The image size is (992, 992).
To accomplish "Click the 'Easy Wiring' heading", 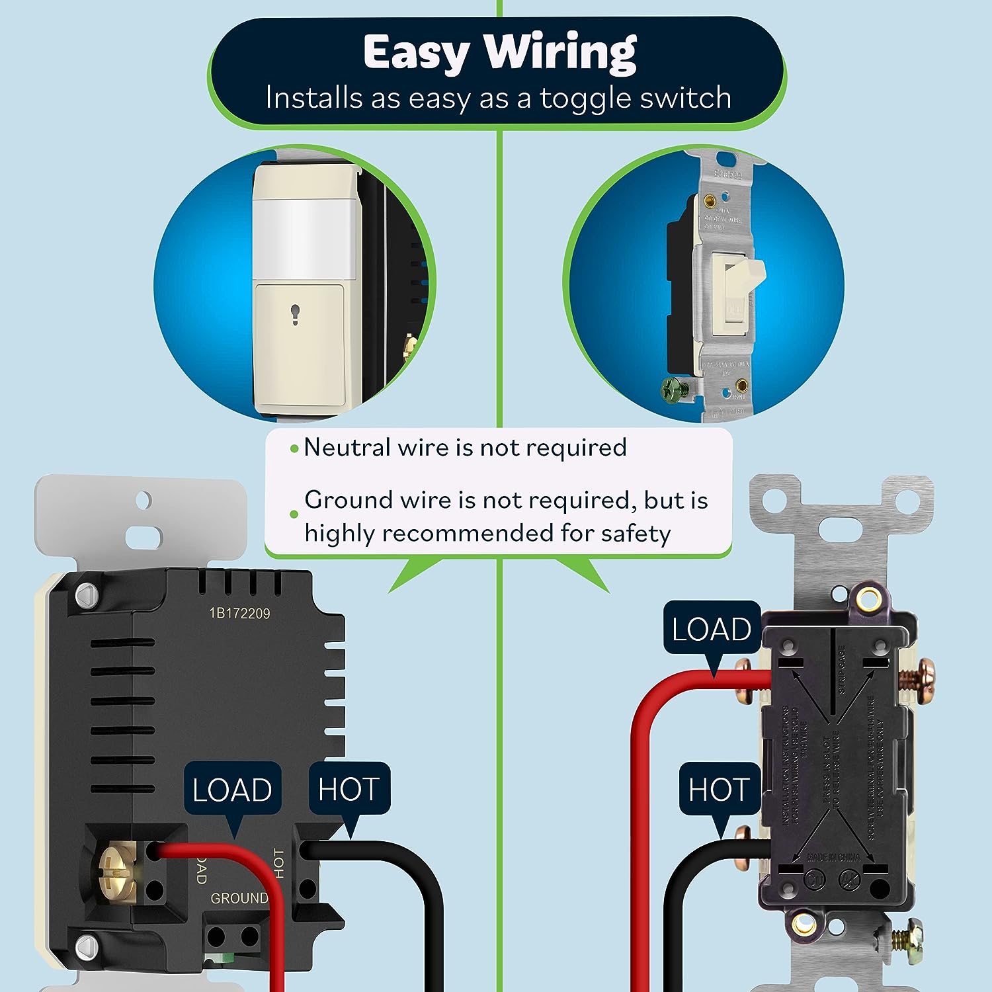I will click(499, 52).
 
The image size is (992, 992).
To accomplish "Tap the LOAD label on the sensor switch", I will click(232, 790).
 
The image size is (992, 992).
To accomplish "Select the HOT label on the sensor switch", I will click(349, 788).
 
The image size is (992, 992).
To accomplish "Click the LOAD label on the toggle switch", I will click(712, 628).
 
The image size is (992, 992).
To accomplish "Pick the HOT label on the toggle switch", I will click(718, 789).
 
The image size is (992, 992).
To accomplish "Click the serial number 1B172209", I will click(239, 614).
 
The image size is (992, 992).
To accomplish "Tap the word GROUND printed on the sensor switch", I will click(239, 898).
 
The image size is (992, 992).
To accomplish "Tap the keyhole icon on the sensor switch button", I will click(294, 314).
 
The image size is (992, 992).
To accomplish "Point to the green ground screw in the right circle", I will click(673, 390).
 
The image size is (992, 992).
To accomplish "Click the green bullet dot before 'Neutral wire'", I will click(294, 449).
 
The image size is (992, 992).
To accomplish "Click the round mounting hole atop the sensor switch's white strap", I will click(144, 501).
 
